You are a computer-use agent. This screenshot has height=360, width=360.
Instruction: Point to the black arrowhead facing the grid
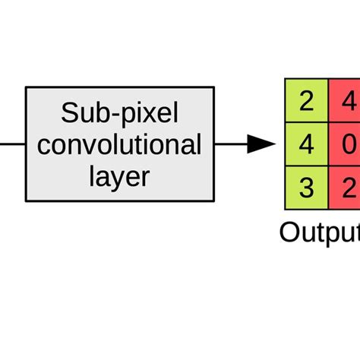(261, 144)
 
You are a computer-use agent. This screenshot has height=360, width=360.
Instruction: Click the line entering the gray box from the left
(12, 144)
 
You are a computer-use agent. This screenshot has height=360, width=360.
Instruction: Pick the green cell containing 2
(306, 101)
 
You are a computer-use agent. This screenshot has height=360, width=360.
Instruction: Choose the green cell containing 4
(306, 144)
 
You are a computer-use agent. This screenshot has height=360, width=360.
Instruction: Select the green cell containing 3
(306, 188)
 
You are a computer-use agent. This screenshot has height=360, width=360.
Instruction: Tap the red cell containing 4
(346, 101)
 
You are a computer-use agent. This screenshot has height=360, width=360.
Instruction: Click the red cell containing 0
(346, 144)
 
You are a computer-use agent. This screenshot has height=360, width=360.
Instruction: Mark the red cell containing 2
(346, 188)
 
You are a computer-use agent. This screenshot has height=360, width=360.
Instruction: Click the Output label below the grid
(319, 232)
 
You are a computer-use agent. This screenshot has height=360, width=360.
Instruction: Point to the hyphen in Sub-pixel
(113, 115)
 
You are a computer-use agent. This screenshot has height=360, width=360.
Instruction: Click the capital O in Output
(289, 231)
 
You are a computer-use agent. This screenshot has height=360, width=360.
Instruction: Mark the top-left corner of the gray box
(26, 87)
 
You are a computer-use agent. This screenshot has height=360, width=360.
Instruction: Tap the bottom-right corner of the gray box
(214, 201)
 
